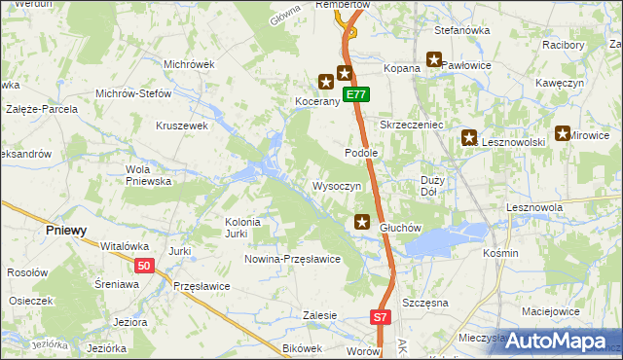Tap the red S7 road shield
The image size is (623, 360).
tap(382, 317)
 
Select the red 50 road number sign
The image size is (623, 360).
tap(144, 266)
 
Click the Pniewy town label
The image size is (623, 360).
tap(66, 231)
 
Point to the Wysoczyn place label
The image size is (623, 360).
tap(337, 186)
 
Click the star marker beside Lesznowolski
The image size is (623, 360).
tap(469, 139)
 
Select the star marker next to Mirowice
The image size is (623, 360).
tap(563, 134)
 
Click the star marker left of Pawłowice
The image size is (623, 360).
tap(433, 60)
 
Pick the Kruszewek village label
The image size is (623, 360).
tap(183, 126)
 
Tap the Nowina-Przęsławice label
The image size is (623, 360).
tap(292, 259)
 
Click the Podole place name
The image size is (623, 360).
tap(361, 154)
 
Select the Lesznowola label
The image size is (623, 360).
tap(535, 207)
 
